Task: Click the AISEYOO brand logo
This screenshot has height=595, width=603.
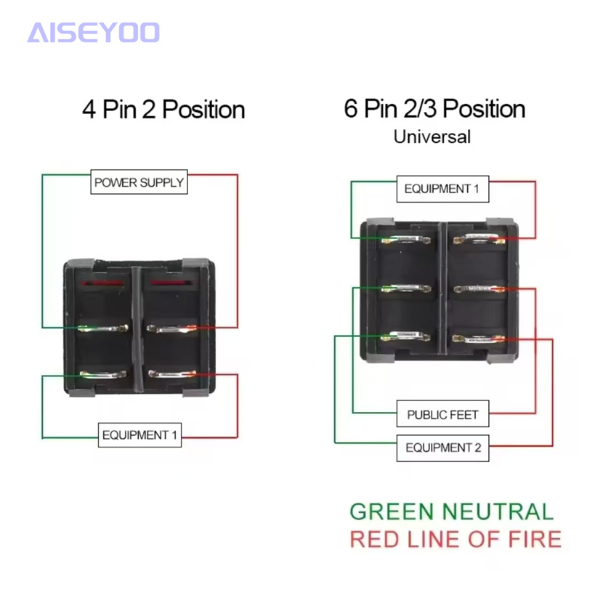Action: pos(93,32)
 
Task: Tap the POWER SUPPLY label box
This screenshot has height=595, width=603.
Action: pos(139,182)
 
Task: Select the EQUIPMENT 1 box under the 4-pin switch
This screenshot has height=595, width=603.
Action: pos(139,435)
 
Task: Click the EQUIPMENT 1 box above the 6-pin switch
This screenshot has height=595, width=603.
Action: pos(442,189)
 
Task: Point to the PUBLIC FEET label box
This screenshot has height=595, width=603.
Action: pos(442,415)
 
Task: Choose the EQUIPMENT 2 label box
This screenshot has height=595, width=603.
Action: pos(442,448)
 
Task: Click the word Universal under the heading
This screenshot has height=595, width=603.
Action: pos(432,136)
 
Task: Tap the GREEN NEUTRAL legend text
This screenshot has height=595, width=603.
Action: pos(451,511)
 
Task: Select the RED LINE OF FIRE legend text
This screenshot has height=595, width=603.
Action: pos(456,539)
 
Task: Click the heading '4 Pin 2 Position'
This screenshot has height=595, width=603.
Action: pos(163,110)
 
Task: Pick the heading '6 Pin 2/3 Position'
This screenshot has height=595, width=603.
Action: pos(434,108)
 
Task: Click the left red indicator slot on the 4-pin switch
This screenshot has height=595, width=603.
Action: pos(105,281)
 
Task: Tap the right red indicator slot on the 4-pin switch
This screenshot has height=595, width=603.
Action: pos(171,281)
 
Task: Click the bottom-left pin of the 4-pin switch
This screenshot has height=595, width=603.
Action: pos(105,375)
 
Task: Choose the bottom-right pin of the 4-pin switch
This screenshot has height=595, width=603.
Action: pos(171,375)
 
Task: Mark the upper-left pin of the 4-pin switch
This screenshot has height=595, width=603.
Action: pos(105,329)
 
